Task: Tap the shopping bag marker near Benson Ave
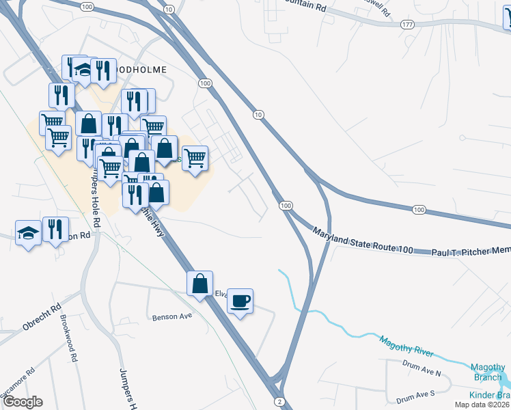199,283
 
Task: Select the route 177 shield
407,24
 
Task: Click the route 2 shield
279,400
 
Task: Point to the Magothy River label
406,346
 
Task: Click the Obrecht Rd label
42,316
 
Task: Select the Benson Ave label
172,316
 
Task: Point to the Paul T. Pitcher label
470,252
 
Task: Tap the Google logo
23,402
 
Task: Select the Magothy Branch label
488,372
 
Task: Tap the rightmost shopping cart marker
196,158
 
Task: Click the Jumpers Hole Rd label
94,198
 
